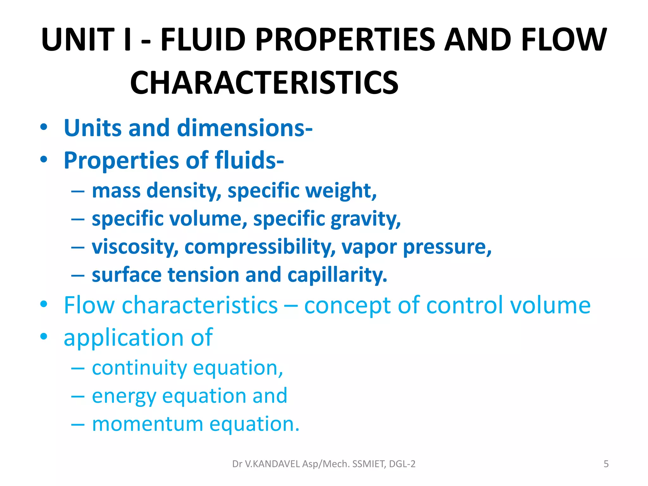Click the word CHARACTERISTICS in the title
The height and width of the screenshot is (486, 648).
(x=264, y=83)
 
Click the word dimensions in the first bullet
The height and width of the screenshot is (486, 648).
(x=245, y=128)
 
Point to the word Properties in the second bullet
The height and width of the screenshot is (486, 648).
(x=121, y=161)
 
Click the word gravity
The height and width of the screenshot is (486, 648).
(x=365, y=219)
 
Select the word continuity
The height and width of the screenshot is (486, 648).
(x=140, y=368)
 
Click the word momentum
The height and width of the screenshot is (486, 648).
(x=147, y=424)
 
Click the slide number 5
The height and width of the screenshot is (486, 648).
(x=606, y=464)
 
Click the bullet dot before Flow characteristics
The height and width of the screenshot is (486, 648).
(x=44, y=304)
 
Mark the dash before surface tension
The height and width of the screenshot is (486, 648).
(x=78, y=275)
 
